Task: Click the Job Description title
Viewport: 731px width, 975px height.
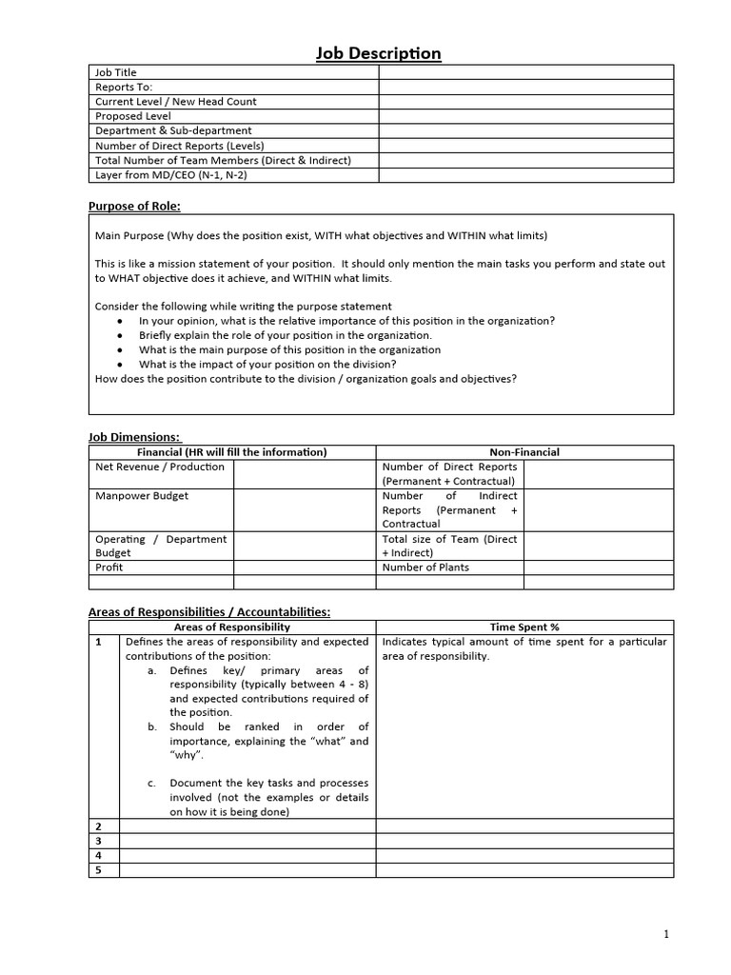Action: point(378,53)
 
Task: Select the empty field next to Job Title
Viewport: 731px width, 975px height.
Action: point(525,72)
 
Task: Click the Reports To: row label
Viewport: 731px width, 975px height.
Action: point(124,87)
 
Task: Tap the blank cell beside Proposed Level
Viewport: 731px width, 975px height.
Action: point(525,116)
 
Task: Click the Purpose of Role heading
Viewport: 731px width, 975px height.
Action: point(134,206)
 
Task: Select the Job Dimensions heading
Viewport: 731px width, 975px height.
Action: point(133,437)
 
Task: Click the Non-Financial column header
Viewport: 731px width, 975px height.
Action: point(524,452)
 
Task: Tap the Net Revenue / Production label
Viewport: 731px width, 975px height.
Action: point(160,467)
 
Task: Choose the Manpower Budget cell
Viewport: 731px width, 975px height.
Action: point(142,496)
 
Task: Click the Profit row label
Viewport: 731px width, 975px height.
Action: point(109,567)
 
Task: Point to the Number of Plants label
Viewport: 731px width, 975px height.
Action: point(425,567)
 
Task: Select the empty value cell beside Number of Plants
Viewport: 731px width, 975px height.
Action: point(598,567)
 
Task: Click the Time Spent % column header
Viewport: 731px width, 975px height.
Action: point(524,627)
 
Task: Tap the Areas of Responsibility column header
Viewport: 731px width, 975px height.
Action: point(232,627)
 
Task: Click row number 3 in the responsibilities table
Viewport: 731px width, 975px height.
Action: point(98,841)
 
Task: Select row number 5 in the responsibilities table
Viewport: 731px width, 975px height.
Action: point(98,870)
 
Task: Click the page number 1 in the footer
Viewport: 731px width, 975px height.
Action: point(666,934)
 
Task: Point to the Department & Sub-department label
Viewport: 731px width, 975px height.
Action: point(173,130)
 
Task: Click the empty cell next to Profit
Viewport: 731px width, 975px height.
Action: point(305,567)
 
